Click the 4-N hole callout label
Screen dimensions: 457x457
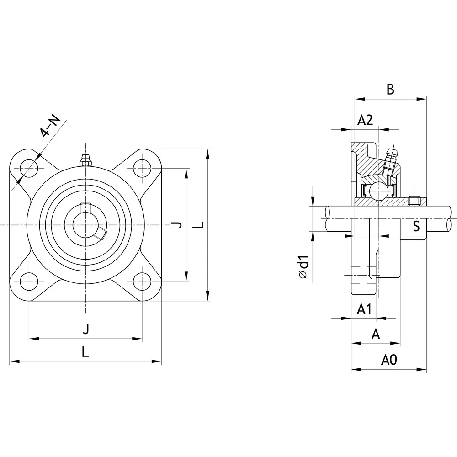tap(50, 127)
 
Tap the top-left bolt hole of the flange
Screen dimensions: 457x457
tap(29, 169)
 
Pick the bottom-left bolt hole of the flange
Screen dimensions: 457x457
tap(29, 281)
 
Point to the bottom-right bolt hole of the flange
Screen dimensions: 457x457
tap(142, 281)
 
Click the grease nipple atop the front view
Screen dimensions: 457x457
tap(85, 160)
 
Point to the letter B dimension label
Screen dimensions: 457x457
tap(390, 90)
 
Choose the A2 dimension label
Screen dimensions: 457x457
tap(365, 120)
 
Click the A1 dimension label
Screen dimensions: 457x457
tap(364, 309)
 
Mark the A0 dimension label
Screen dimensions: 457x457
tap(389, 361)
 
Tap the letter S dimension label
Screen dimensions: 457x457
tap(416, 226)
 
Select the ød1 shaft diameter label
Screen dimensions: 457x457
tap(303, 267)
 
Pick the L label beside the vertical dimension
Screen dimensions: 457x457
tap(198, 225)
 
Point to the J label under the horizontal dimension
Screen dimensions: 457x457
tap(85, 328)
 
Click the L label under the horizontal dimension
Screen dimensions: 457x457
tap(85, 352)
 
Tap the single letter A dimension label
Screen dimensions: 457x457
tap(376, 334)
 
